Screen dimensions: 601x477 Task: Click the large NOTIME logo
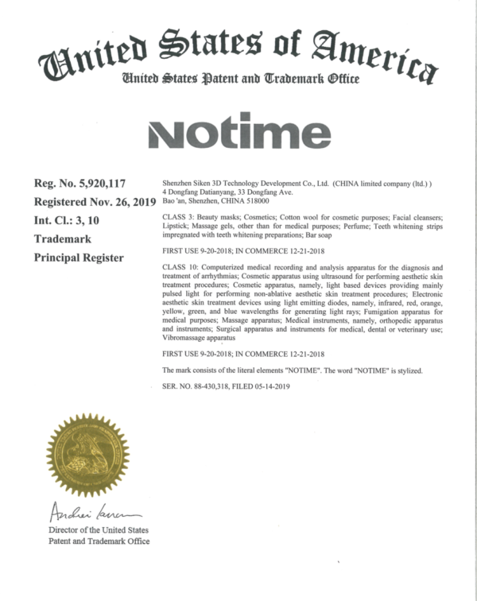tap(238, 134)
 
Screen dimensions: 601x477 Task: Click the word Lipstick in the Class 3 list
tap(176, 226)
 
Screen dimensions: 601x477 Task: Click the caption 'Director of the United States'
tap(99, 529)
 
